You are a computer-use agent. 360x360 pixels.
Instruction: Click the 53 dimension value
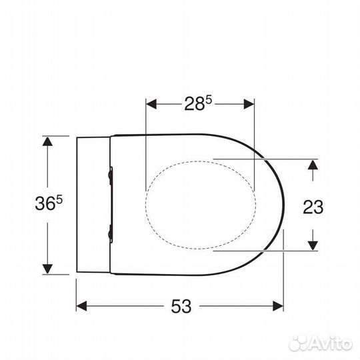click(x=181, y=306)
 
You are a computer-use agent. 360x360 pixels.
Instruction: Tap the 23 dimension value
click(x=313, y=207)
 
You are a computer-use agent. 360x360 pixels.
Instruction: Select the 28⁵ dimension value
click(x=198, y=103)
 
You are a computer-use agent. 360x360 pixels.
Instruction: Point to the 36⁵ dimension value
click(x=49, y=203)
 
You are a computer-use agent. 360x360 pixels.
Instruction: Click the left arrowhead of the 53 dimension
click(x=81, y=306)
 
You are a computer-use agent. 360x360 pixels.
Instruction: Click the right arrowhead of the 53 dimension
click(x=278, y=306)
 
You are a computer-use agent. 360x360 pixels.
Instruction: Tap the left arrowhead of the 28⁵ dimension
click(x=151, y=104)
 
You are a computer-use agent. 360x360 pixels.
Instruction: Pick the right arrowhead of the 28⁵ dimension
click(x=249, y=104)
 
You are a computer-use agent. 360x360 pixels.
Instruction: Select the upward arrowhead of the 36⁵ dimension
click(x=47, y=141)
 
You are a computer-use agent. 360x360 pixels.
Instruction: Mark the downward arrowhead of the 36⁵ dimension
click(x=47, y=269)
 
